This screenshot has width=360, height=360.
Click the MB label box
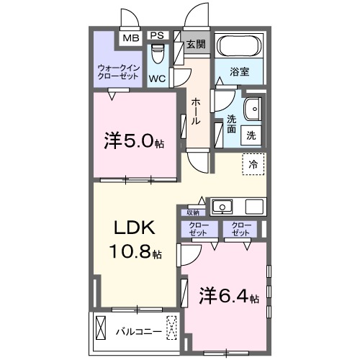pos(130,38)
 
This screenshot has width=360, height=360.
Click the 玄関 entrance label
pos(195,43)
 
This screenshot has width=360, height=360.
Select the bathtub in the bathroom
pos(240,48)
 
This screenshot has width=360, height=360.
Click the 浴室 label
pos(240,73)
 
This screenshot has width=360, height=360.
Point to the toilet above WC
pos(159,55)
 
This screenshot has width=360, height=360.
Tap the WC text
pos(159,78)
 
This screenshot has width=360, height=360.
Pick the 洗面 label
pos(232,124)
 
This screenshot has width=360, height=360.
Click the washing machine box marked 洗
pos(251,133)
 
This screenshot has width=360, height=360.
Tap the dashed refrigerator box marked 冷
pos(253,165)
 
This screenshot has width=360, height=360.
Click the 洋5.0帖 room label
pos(135,141)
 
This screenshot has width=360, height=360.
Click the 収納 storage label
pos(192,212)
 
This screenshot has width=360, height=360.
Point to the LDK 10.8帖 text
pos(135,239)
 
